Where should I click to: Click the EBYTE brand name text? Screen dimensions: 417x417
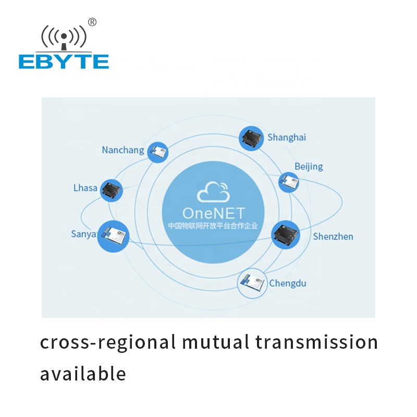click(64, 62)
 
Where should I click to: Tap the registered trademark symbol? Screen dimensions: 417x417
click(92, 22)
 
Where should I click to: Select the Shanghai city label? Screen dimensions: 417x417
click(287, 138)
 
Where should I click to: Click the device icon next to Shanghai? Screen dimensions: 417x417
click(251, 138)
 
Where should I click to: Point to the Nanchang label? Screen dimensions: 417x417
click(123, 150)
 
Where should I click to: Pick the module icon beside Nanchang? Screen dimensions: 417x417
click(158, 152)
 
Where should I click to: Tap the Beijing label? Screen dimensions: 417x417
click(309, 166)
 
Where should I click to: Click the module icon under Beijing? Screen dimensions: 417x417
click(289, 182)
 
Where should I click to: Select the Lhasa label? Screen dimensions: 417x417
click(85, 188)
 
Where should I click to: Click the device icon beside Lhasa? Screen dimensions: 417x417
click(112, 190)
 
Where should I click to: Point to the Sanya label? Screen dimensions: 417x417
click(83, 234)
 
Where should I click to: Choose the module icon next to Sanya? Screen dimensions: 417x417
click(113, 237)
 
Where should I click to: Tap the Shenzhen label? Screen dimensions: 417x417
click(333, 237)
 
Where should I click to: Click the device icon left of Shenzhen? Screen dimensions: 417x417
click(286, 235)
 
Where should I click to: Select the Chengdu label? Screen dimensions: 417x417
click(288, 283)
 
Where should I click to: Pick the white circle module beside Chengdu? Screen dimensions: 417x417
click(252, 283)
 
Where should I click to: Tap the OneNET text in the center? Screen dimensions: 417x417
click(214, 213)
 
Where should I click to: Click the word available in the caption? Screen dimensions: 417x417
click(83, 373)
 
